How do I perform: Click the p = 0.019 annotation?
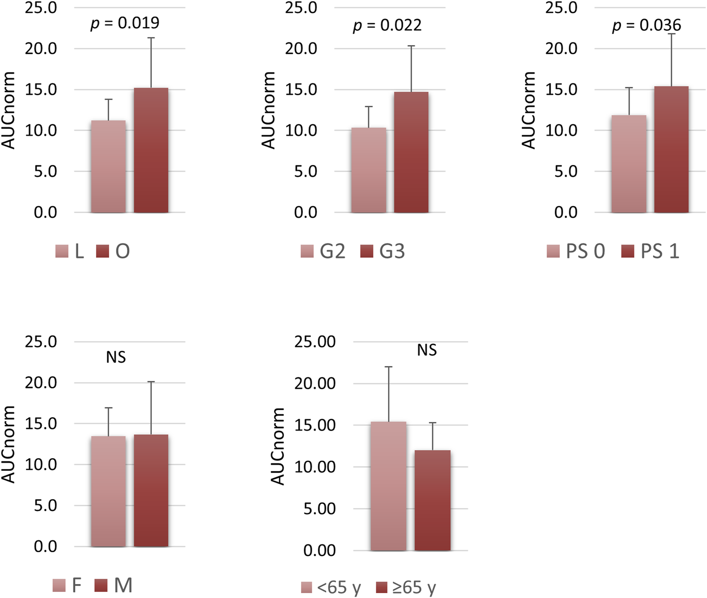pyautogui.click(x=125, y=23)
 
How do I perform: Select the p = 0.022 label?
pyautogui.click(x=387, y=26)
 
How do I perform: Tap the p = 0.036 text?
pyautogui.click(x=647, y=26)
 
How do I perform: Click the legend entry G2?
pyautogui.click(x=323, y=251)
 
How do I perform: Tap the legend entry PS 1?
pyautogui.click(x=650, y=251)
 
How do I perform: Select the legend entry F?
pyautogui.click(x=67, y=586)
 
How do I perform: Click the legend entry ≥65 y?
pyautogui.click(x=406, y=588)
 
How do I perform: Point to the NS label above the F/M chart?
pyautogui.click(x=116, y=357)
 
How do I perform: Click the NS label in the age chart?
pyautogui.click(x=427, y=350)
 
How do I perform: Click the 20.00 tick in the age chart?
pyautogui.click(x=314, y=383)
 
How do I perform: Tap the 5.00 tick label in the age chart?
pyautogui.click(x=319, y=509)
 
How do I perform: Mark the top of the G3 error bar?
pyautogui.click(x=411, y=46)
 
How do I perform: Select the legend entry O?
pyautogui.click(x=113, y=251)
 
